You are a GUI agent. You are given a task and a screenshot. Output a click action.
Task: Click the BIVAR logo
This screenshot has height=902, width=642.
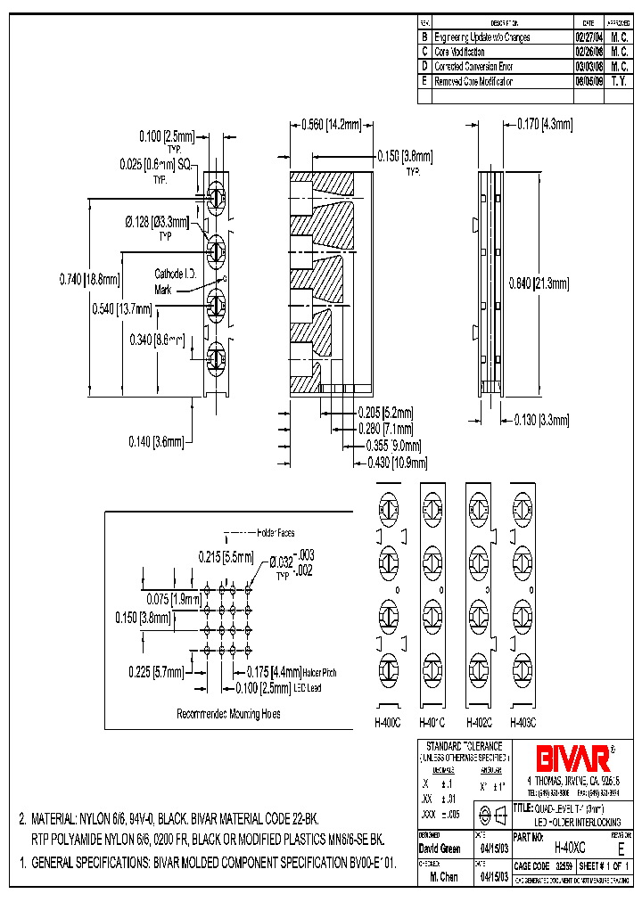point(572,759)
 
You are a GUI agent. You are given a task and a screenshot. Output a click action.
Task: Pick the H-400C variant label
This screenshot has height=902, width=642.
point(388,723)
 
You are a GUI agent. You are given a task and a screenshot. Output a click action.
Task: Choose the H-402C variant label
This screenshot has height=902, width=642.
point(481,723)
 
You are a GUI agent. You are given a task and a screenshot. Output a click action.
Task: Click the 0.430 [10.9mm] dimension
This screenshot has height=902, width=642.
point(397,463)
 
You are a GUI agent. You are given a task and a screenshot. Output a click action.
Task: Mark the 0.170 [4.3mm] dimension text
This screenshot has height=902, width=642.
point(544,124)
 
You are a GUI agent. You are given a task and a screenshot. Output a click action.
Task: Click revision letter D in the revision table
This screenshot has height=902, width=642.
point(424,66)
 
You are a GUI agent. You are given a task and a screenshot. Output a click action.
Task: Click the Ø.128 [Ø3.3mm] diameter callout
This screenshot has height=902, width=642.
point(156,221)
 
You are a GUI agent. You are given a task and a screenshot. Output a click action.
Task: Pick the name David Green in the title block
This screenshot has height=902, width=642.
point(439,849)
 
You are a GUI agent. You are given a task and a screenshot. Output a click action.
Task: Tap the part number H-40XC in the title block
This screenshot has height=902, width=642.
point(570,849)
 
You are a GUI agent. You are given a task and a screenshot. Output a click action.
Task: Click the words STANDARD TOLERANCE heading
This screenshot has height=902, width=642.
point(463,746)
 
